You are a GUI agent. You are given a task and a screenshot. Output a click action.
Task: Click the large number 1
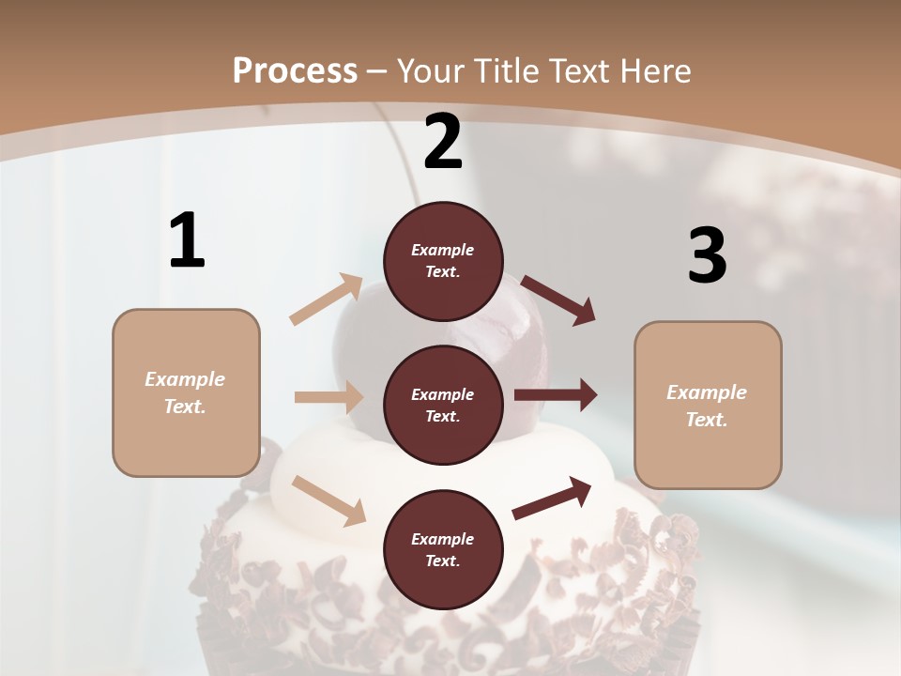coord(187,241)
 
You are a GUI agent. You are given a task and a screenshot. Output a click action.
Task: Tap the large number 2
coord(443,143)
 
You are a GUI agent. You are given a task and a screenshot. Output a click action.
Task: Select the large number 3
coord(707,255)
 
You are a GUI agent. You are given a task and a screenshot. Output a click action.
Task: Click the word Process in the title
coord(295,70)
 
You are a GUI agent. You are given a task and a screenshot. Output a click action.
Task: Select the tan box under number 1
coord(186,392)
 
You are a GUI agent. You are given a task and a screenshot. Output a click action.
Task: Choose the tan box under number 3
coord(708,406)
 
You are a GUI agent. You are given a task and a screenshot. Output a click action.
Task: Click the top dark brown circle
coord(443,261)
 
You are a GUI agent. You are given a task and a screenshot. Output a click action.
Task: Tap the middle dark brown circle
coord(443,405)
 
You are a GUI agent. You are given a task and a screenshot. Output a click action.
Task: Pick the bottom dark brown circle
coord(443,549)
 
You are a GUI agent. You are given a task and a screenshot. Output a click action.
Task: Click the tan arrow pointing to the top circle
coord(327,300)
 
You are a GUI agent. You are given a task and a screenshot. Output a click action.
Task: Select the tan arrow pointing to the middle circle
coord(328,397)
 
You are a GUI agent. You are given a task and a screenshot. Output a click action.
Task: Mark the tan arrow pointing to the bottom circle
coord(328,500)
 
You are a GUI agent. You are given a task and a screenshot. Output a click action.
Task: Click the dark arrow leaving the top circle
coord(557,300)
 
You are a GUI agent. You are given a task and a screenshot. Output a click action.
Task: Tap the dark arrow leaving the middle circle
coord(556,395)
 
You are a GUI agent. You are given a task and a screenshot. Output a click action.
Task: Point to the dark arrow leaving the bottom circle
coord(552,498)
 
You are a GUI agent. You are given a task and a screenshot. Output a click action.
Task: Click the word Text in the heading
coord(578,70)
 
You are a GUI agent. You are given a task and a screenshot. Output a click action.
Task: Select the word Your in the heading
coord(431,70)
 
